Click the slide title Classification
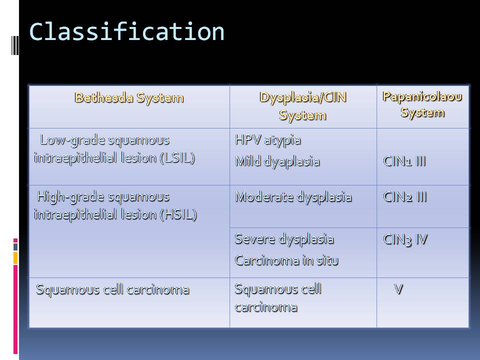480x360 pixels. click(x=126, y=32)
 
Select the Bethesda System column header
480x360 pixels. click(x=129, y=98)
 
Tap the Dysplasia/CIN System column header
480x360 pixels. click(x=303, y=106)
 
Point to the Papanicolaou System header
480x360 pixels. click(x=422, y=104)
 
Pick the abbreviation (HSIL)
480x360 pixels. click(x=178, y=214)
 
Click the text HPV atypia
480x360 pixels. click(x=268, y=140)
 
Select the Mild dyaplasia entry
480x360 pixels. click(x=277, y=161)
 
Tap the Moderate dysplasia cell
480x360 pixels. click(x=293, y=197)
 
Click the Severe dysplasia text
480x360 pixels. click(x=284, y=239)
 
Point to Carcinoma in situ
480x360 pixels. click(x=286, y=260)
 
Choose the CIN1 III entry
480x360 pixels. click(x=404, y=161)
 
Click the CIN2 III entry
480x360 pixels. click(x=404, y=197)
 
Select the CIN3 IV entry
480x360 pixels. click(x=405, y=239)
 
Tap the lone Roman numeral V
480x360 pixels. click(x=398, y=289)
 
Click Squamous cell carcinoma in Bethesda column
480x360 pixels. click(x=112, y=289)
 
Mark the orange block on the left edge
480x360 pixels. click(x=15, y=258)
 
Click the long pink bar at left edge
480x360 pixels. click(x=15, y=309)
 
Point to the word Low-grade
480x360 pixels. click(x=72, y=140)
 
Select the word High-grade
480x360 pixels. click(x=70, y=197)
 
